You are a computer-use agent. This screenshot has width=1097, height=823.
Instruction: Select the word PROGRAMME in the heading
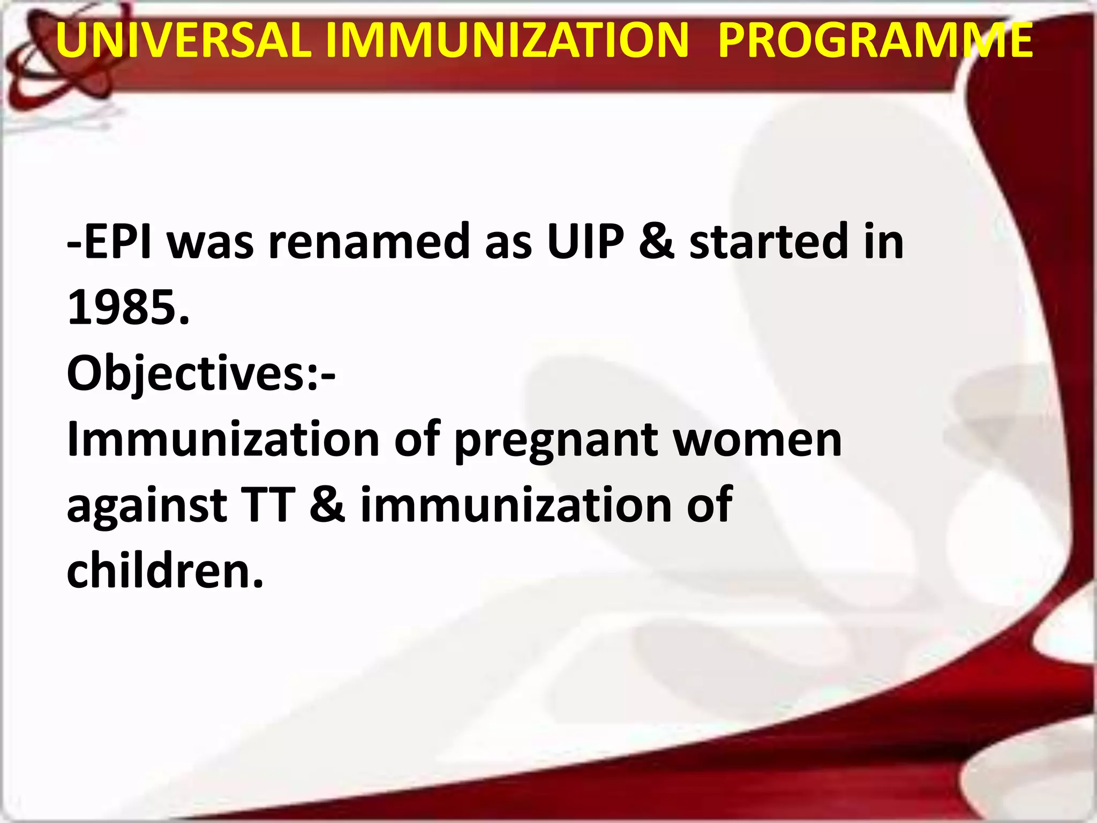click(x=875, y=40)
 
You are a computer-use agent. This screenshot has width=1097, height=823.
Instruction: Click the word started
click(x=770, y=242)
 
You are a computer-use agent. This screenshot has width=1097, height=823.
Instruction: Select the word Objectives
click(x=185, y=374)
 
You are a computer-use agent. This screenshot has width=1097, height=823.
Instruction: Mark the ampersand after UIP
click(x=657, y=242)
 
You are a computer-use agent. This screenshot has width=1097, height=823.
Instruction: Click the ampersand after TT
click(x=327, y=505)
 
